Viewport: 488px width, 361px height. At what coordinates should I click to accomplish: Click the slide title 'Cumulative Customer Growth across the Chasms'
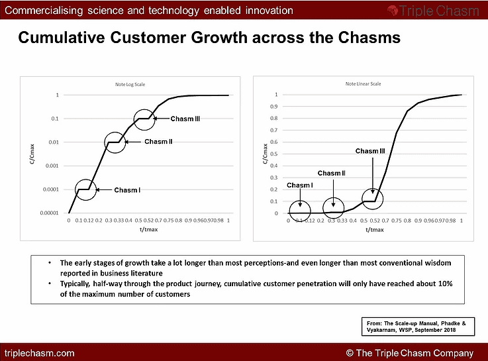pyautogui.click(x=209, y=38)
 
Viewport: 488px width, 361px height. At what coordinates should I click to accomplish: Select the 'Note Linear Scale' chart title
pyautogui.click(x=363, y=84)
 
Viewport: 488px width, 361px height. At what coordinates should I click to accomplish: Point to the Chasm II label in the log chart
pyautogui.click(x=158, y=142)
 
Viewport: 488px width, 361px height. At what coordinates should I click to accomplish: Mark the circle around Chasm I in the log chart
pyautogui.click(x=85, y=189)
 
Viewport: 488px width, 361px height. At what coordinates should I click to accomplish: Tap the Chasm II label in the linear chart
pyautogui.click(x=331, y=173)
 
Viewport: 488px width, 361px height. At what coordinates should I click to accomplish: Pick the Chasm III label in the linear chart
pyautogui.click(x=370, y=151)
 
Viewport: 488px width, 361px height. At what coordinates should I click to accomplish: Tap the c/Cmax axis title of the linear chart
pyautogui.click(x=266, y=155)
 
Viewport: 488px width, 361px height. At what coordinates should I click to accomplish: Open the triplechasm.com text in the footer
pyautogui.click(x=40, y=353)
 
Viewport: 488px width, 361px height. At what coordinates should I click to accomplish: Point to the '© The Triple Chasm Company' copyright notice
pyautogui.click(x=410, y=353)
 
